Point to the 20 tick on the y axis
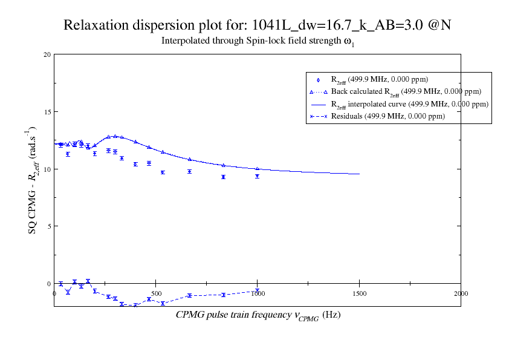pyautogui.click(x=47, y=54)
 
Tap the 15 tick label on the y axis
pyautogui.click(x=47, y=112)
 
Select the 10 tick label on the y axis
pyautogui.click(x=47, y=169)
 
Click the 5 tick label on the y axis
pyautogui.click(x=49, y=226)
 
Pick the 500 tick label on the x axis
pyautogui.click(x=156, y=293)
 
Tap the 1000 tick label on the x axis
pyautogui.click(x=257, y=293)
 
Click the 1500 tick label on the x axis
pyautogui.click(x=359, y=293)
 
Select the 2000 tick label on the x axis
pyautogui.click(x=461, y=293)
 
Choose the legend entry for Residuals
pyautogui.click(x=387, y=116)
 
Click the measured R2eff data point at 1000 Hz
pyautogui.click(x=257, y=176)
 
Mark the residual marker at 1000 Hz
pyautogui.click(x=257, y=291)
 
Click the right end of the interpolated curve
pyautogui.click(x=359, y=174)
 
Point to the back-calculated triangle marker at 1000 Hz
pyautogui.click(x=257, y=169)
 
